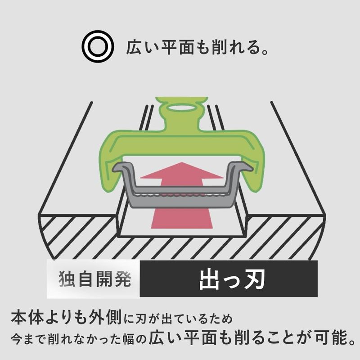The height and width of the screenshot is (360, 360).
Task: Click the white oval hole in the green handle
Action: tap(182, 108)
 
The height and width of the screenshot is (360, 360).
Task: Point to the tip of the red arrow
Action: tap(182, 162)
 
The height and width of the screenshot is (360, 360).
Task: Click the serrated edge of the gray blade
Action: tap(181, 195)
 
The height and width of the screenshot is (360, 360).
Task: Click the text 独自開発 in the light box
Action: tap(95, 279)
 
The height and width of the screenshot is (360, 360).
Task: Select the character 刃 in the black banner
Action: tap(255, 279)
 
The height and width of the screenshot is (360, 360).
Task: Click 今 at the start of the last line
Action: tap(17, 339)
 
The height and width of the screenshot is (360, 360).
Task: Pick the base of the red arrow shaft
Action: tap(182, 228)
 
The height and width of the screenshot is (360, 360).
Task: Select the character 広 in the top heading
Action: tap(134, 47)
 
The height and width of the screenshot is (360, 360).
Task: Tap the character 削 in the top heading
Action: tap(219, 47)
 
